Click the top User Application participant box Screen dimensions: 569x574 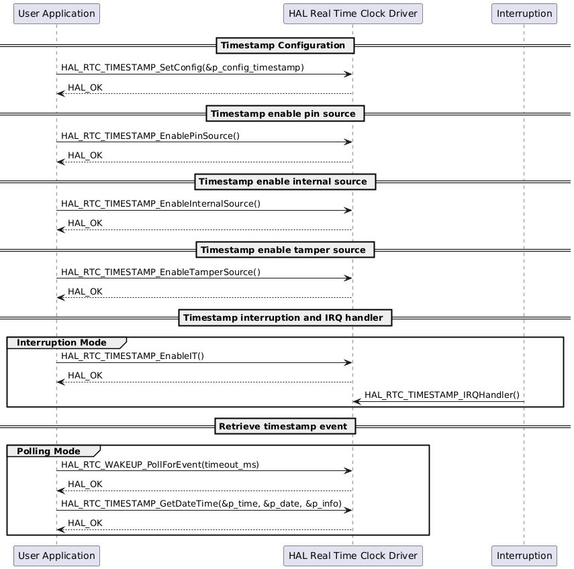(56, 13)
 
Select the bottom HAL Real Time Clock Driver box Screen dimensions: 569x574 (352, 556)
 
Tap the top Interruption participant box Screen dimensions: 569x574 (524, 13)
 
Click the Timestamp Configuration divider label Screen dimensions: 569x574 (285, 46)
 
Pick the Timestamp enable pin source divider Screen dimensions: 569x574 (285, 114)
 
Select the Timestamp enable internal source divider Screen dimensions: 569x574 (285, 182)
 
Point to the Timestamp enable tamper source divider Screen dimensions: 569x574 (285, 250)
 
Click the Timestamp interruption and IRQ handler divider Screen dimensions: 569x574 (285, 318)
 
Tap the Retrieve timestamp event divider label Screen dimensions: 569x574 (285, 427)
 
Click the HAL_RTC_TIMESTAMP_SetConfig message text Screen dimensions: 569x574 (182, 68)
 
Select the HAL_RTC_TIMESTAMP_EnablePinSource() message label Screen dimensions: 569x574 (150, 136)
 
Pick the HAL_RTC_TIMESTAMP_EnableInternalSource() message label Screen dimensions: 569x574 (160, 204)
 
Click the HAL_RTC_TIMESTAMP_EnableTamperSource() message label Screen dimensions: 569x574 (160, 272)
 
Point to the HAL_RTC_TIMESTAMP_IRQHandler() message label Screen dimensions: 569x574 (442, 395)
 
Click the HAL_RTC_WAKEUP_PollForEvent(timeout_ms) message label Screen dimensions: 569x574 (160, 464)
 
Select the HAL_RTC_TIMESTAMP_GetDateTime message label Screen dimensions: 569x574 (201, 503)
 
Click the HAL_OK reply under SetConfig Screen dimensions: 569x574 (85, 88)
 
